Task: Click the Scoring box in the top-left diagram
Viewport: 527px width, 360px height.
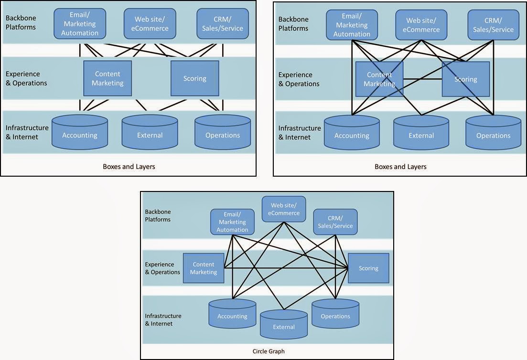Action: pyautogui.click(x=195, y=78)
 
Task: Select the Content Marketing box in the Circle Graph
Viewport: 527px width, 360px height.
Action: pyautogui.click(x=204, y=268)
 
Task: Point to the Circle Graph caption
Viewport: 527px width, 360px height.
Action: pyautogui.click(x=269, y=351)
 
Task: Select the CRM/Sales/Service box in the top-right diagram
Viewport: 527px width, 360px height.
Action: pyautogui.click(x=493, y=25)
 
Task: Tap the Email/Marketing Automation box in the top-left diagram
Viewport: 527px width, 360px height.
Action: pyautogui.click(x=80, y=24)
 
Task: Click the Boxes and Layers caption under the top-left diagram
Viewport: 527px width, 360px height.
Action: pyautogui.click(x=129, y=167)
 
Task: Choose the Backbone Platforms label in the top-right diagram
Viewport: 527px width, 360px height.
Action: pyautogui.click(x=293, y=24)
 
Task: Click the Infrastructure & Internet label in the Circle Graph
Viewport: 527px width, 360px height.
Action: pyautogui.click(x=163, y=320)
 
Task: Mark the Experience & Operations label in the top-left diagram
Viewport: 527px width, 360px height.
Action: pyautogui.click(x=26, y=78)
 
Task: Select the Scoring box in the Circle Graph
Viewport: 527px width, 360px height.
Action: pyautogui.click(x=368, y=268)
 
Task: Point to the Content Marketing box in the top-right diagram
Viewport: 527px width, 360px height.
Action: pyautogui.click(x=379, y=79)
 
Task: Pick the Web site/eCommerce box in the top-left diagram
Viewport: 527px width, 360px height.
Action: pyautogui.click(x=150, y=24)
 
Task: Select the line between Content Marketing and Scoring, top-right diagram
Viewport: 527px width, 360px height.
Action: pyautogui.click(x=422, y=79)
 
